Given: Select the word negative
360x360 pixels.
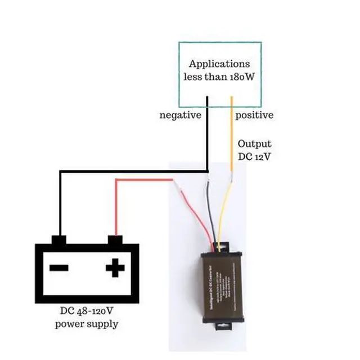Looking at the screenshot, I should [x=181, y=115].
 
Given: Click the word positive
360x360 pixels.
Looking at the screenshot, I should [x=254, y=115].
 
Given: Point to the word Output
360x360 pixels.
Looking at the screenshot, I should [x=254, y=144].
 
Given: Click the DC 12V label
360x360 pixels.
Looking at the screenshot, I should [x=254, y=156].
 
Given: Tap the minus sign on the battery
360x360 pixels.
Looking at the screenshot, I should [x=59, y=268].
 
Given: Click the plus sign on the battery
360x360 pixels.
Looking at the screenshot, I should [x=115, y=268].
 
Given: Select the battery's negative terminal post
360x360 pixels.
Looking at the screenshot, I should [x=59, y=240].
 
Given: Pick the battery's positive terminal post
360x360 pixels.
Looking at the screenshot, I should [x=115, y=240].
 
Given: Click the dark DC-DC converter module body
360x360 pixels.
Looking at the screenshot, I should [x=224, y=287].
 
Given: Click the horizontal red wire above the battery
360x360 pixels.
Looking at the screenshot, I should [x=143, y=180].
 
